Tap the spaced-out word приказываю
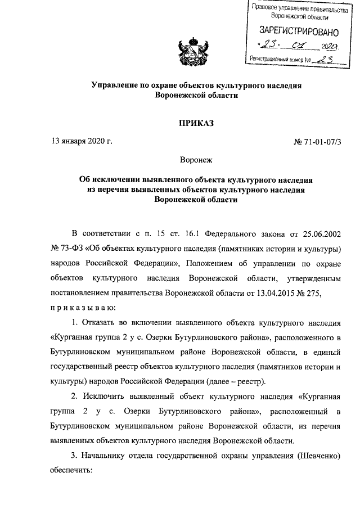point(83,308)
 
